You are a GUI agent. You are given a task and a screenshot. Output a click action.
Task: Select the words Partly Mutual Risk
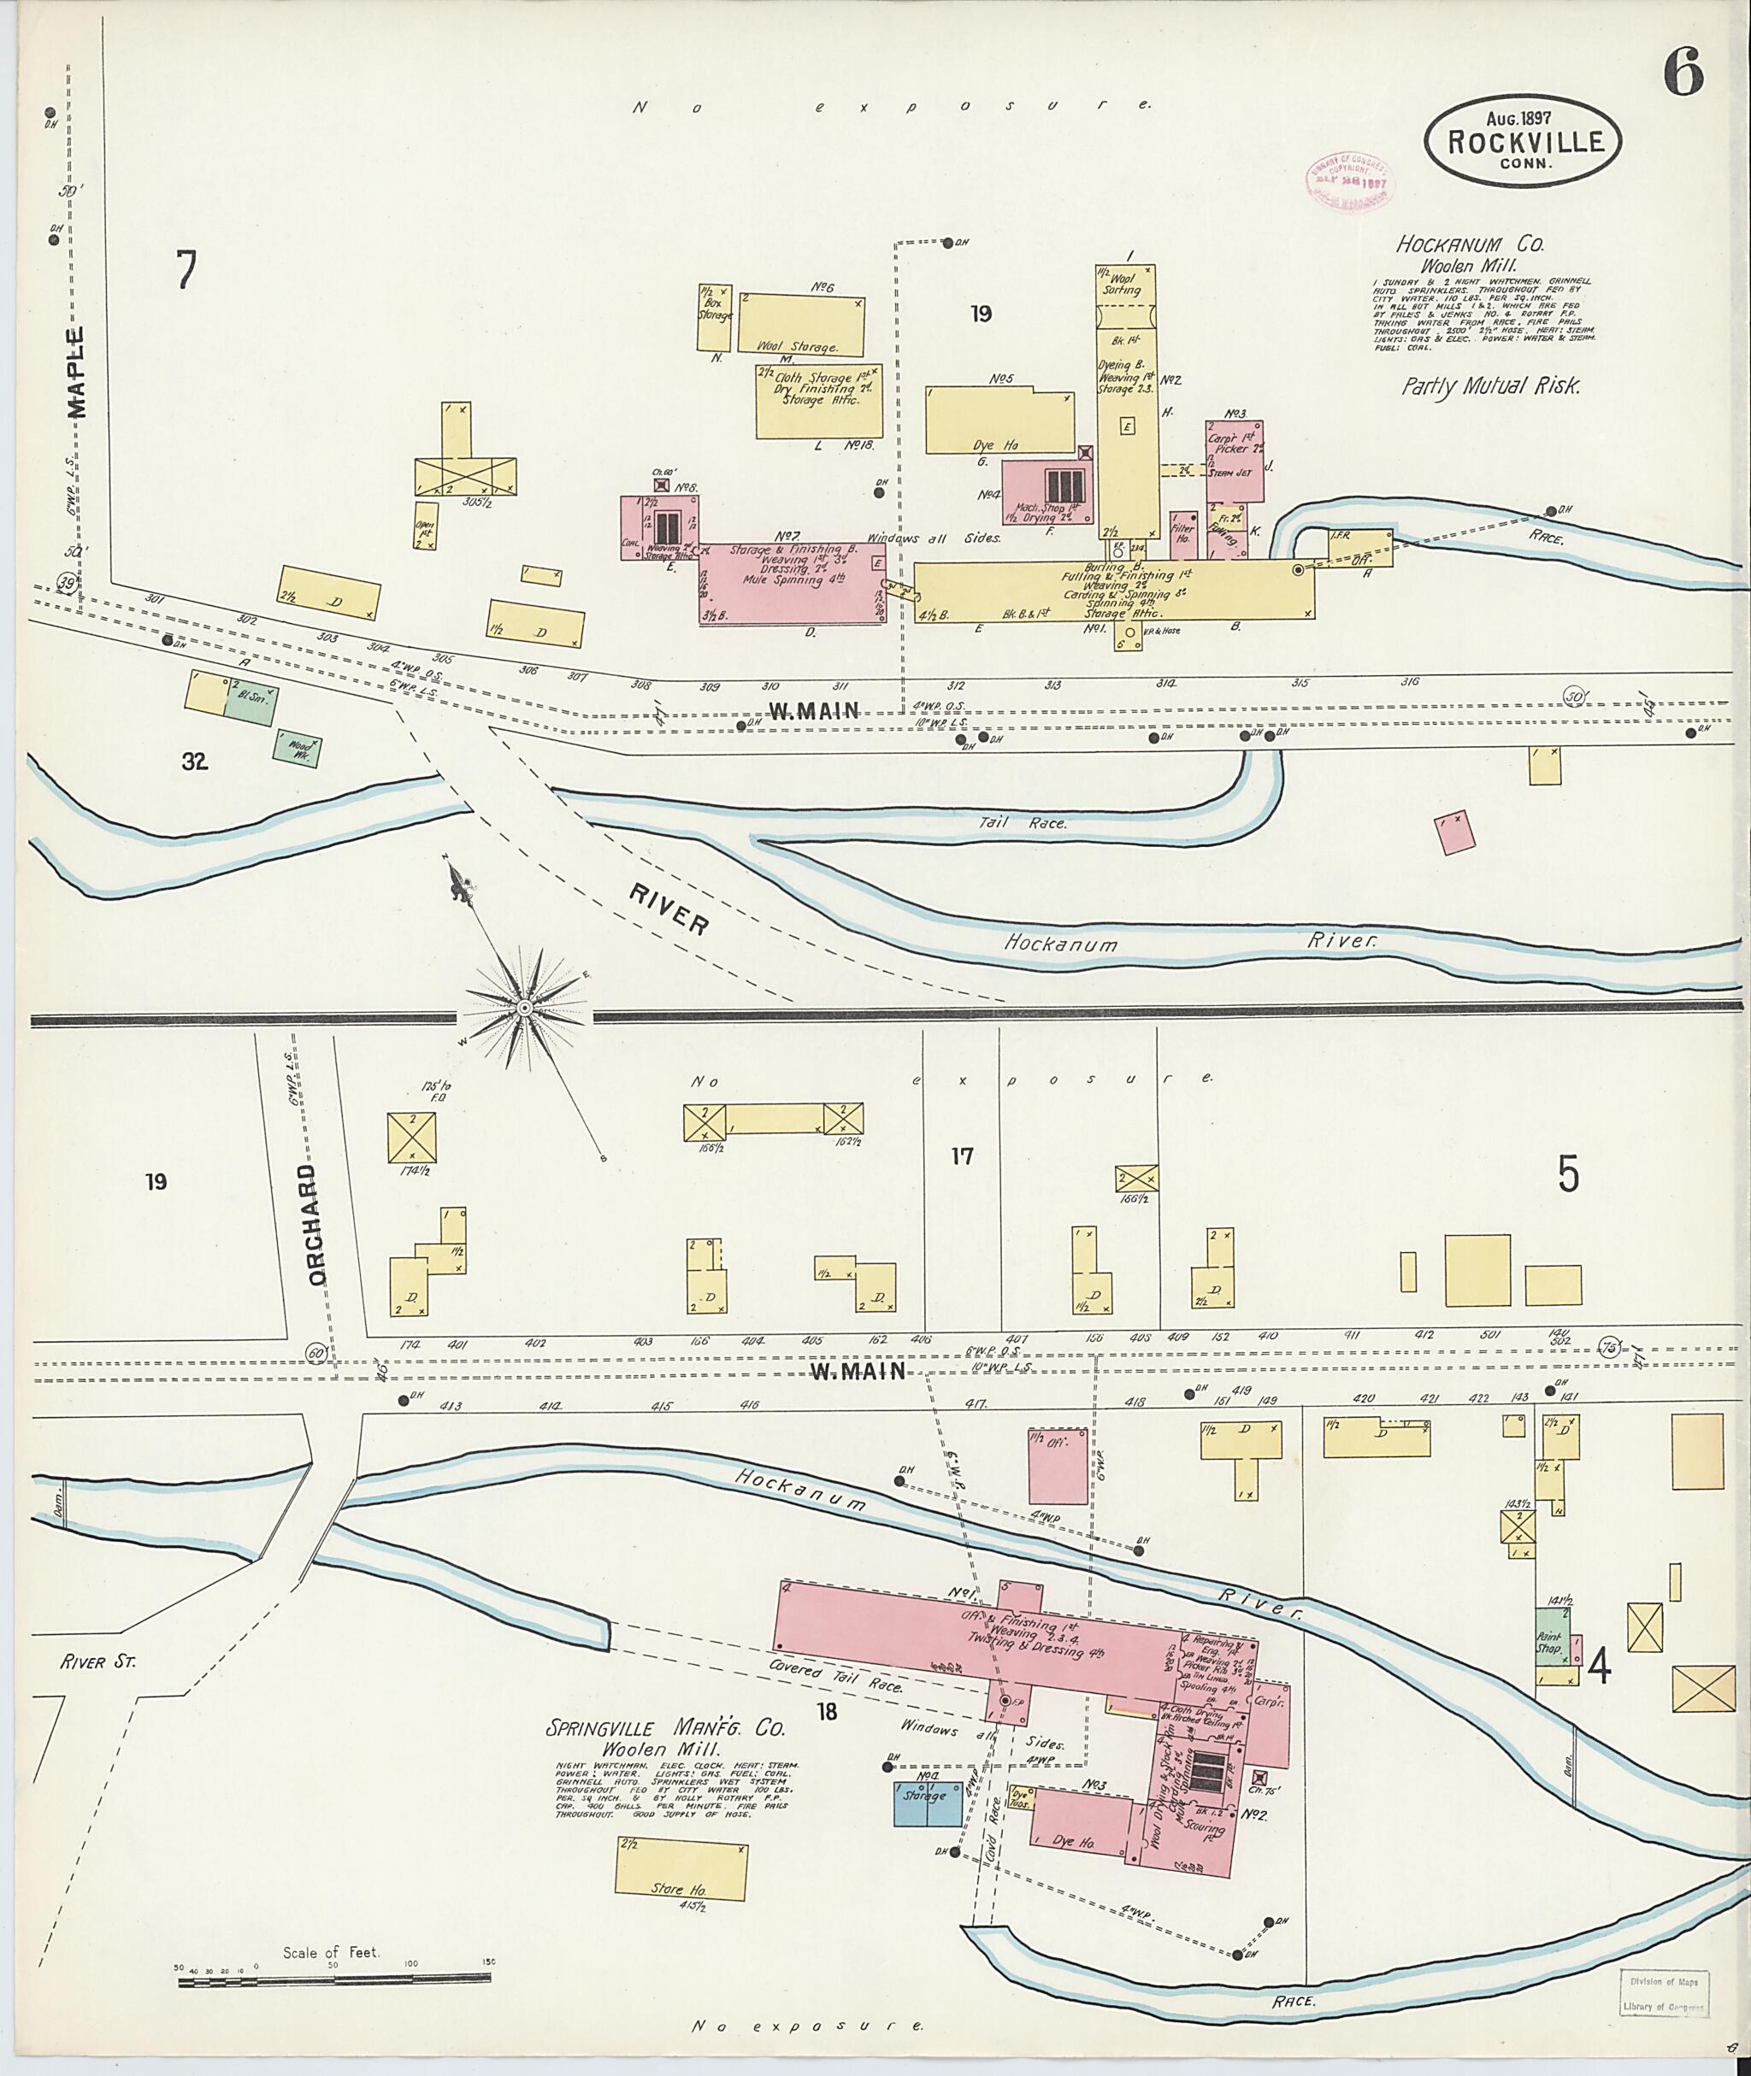coord(1490,386)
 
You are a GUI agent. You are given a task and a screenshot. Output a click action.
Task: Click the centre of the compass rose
coord(523,1009)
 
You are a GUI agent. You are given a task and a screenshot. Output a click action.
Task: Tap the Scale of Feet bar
coord(334,1982)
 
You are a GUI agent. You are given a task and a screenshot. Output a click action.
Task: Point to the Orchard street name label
coord(316,1226)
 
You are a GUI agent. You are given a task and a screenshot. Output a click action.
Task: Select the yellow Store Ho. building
coord(681,1872)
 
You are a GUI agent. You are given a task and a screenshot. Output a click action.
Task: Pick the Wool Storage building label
coord(797,347)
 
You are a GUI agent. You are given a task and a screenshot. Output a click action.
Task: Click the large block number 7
coord(186,270)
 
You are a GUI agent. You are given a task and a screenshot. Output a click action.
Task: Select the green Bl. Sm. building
coord(251,702)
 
